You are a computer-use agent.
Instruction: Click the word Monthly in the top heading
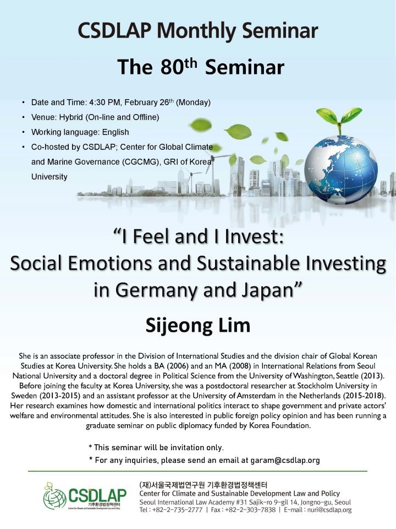[197, 31]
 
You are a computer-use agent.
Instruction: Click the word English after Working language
[116, 132]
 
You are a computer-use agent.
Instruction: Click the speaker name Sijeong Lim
[198, 326]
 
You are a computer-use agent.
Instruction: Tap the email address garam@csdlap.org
[285, 460]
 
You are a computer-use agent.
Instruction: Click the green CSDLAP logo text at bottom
[97, 495]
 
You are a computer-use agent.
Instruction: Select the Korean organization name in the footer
[203, 485]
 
